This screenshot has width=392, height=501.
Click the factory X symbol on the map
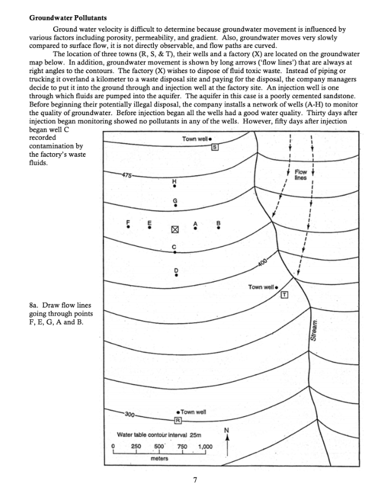(x=174, y=230)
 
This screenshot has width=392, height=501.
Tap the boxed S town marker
(x=214, y=146)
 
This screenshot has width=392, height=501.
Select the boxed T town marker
(x=285, y=294)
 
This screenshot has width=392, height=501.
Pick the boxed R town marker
(x=178, y=421)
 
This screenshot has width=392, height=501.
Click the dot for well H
(x=174, y=188)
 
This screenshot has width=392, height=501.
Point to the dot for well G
(x=174, y=205)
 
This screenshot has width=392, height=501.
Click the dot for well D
(x=174, y=275)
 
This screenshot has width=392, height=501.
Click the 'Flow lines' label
(x=301, y=175)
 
